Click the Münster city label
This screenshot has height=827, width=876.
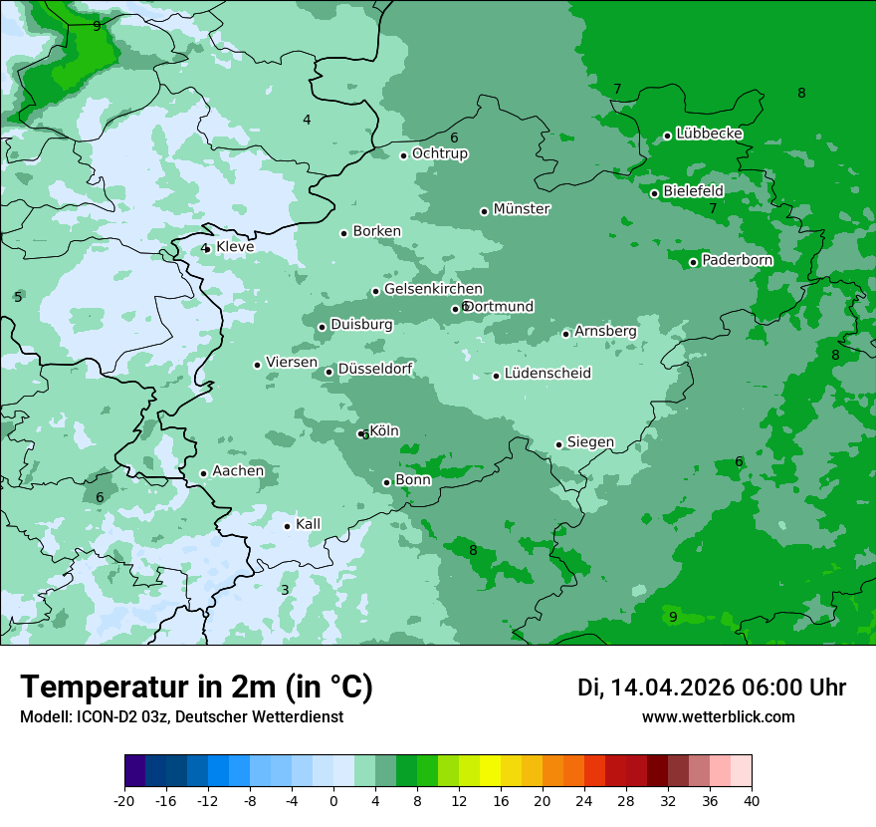(522, 209)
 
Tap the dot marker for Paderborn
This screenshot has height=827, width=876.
(693, 262)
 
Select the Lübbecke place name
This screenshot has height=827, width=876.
(709, 134)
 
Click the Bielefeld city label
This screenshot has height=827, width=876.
(693, 190)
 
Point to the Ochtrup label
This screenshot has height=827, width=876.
(440, 153)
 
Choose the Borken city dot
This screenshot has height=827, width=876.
(343, 233)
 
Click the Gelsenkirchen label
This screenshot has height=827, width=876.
(433, 289)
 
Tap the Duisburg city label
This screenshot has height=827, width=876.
(361, 325)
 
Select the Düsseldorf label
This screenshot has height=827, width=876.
(375, 369)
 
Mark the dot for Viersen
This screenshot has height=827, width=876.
(257, 365)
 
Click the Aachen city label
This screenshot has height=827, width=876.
(238, 471)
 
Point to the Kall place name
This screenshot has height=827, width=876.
(309, 524)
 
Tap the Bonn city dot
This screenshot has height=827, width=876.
(386, 482)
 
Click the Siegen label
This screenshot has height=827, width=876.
(590, 442)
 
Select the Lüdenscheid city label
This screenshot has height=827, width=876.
(547, 374)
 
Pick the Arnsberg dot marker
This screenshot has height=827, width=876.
(565, 334)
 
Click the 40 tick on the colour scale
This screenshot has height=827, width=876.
(752, 799)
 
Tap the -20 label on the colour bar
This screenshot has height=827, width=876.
(124, 799)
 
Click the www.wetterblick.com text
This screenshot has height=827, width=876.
(718, 717)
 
